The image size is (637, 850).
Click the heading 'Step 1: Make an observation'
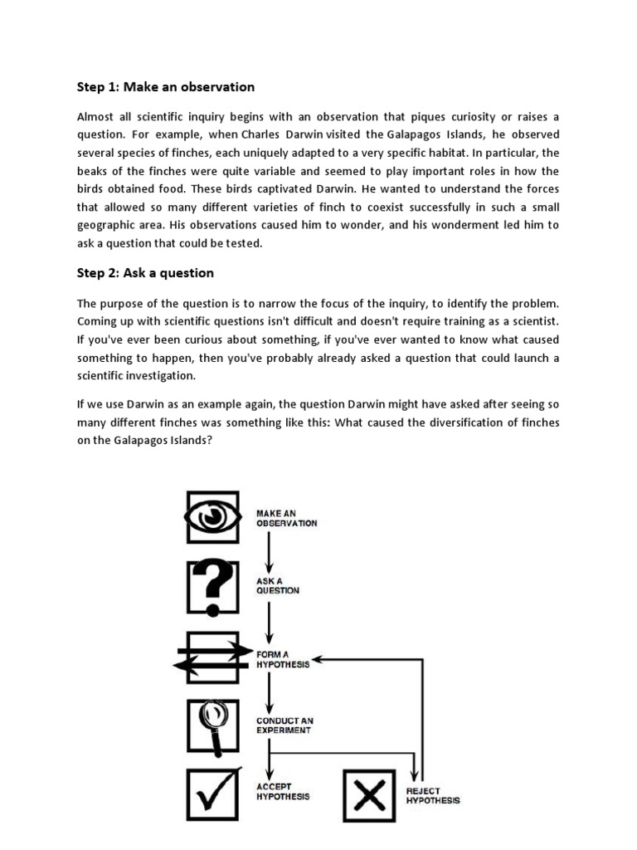(165, 87)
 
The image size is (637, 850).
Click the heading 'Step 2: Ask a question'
(145, 273)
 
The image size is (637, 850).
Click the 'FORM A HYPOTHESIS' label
(282, 660)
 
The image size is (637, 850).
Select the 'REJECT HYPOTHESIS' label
(432, 796)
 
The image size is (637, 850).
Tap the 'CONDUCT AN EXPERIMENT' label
(284, 725)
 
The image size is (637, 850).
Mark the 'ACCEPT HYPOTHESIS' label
(282, 791)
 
